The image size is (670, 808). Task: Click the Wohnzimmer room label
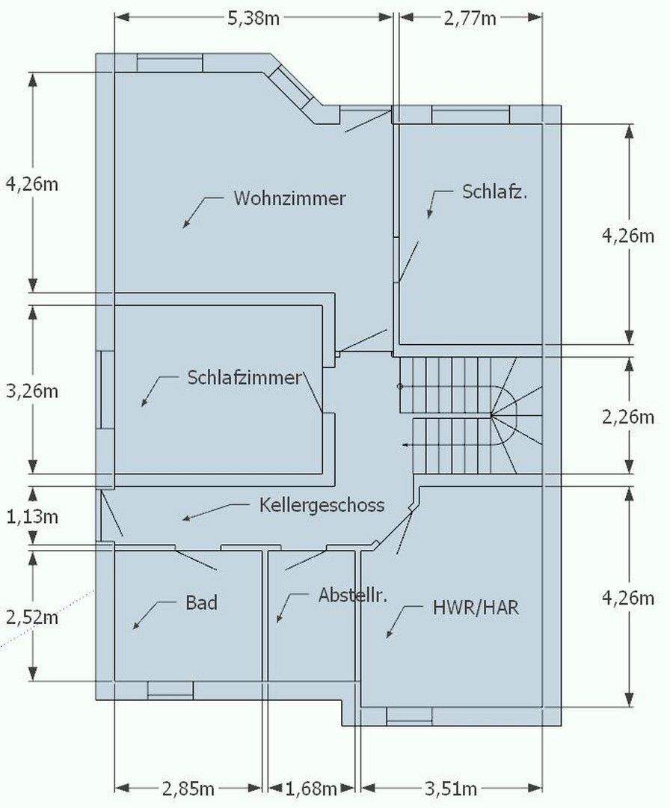pos(289,199)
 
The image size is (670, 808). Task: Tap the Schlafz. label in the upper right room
pos(495,192)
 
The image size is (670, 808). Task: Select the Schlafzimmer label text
pos(244,378)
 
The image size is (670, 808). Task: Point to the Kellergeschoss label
pos(322,505)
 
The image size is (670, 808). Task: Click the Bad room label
pos(201,602)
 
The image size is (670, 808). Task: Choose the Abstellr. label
pos(351,596)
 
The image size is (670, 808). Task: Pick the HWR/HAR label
pos(476,607)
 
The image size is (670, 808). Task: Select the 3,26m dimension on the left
pos(31,391)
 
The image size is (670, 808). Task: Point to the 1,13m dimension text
pos(31,516)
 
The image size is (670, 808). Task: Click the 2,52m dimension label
pos(31,617)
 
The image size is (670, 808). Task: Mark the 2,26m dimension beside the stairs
pos(628,417)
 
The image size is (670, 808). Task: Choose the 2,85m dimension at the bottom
pos(188,789)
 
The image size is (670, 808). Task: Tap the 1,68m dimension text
pos(311,789)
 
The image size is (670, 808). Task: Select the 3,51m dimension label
pos(451,789)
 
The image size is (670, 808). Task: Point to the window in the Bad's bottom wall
pos(170,690)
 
